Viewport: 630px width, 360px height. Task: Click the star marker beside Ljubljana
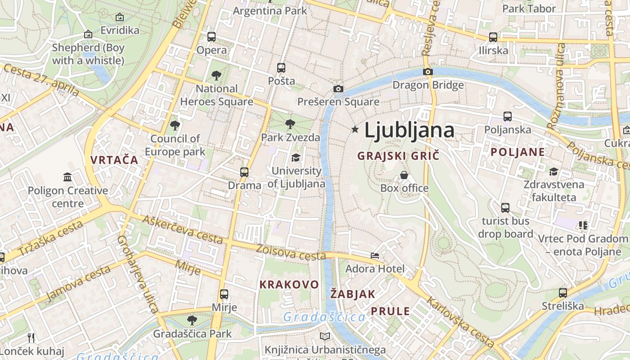(x=355, y=130)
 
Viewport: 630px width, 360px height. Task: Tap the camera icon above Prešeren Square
(x=338, y=89)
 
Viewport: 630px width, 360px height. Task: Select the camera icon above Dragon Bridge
(x=428, y=72)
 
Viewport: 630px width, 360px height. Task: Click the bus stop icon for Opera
(x=211, y=37)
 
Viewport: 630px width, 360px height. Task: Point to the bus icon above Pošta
(x=281, y=68)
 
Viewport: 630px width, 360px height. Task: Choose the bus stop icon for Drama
(x=244, y=172)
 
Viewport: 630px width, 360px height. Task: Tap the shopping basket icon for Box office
(x=404, y=175)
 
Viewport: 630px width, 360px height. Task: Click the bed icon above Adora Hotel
(x=375, y=256)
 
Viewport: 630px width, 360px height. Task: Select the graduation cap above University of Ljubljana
(x=296, y=157)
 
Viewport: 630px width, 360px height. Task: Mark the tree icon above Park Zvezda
(x=290, y=124)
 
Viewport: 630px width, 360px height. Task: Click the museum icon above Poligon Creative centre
(x=67, y=177)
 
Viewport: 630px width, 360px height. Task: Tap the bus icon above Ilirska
(x=493, y=37)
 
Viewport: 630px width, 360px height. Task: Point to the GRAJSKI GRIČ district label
(x=398, y=156)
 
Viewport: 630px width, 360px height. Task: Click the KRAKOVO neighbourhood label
(x=289, y=284)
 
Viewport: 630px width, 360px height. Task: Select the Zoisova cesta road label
(x=291, y=252)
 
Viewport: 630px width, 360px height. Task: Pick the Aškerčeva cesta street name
(x=183, y=229)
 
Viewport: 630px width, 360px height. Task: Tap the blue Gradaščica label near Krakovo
(x=324, y=317)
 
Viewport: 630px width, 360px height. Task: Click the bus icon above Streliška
(x=562, y=293)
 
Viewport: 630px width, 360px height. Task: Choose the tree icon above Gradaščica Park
(x=192, y=320)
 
